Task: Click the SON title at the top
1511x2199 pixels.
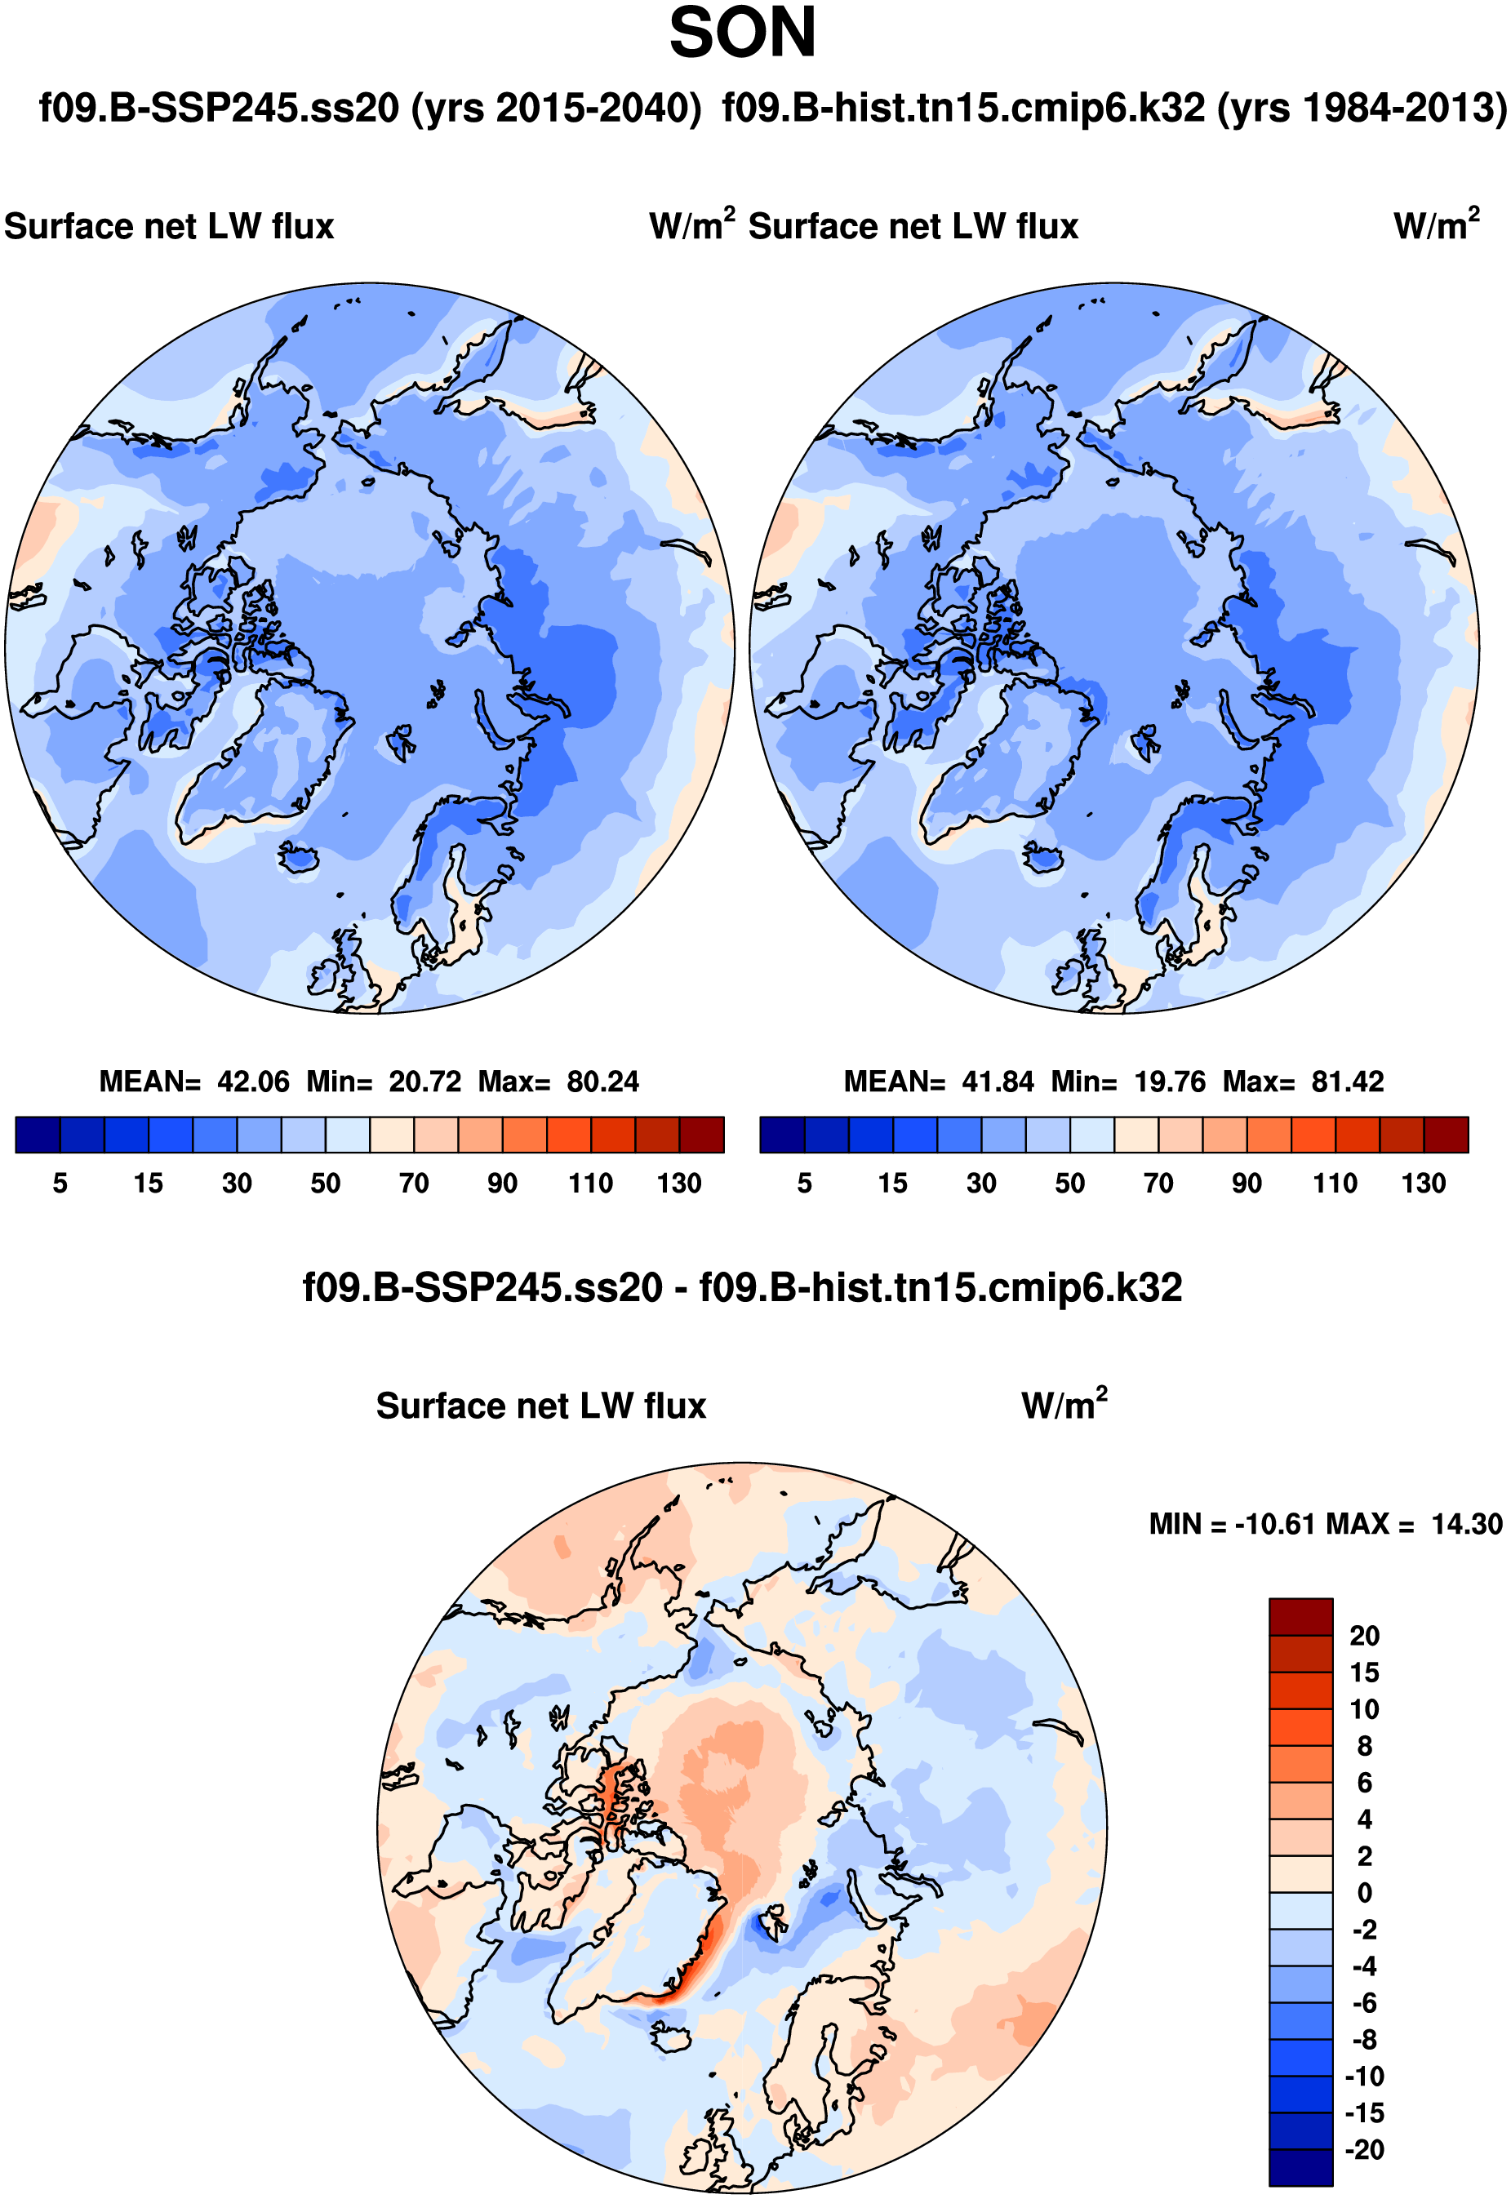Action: (x=742, y=34)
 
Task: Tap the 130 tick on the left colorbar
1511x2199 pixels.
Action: (x=679, y=1184)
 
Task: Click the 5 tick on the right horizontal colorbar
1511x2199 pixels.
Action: (x=805, y=1184)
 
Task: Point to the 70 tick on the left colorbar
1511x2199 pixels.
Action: (x=414, y=1184)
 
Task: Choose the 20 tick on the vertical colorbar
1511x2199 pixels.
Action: (x=1364, y=1636)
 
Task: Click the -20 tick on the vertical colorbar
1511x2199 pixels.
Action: (x=1364, y=2150)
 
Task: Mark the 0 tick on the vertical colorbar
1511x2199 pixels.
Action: (x=1364, y=1893)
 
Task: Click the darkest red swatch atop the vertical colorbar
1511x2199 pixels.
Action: (x=1301, y=1617)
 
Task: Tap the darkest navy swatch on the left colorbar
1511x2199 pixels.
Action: (x=38, y=1135)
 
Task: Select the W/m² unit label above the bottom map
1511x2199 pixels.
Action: (x=1064, y=1406)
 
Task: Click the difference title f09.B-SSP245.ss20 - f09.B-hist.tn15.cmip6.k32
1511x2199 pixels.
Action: (x=742, y=1288)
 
